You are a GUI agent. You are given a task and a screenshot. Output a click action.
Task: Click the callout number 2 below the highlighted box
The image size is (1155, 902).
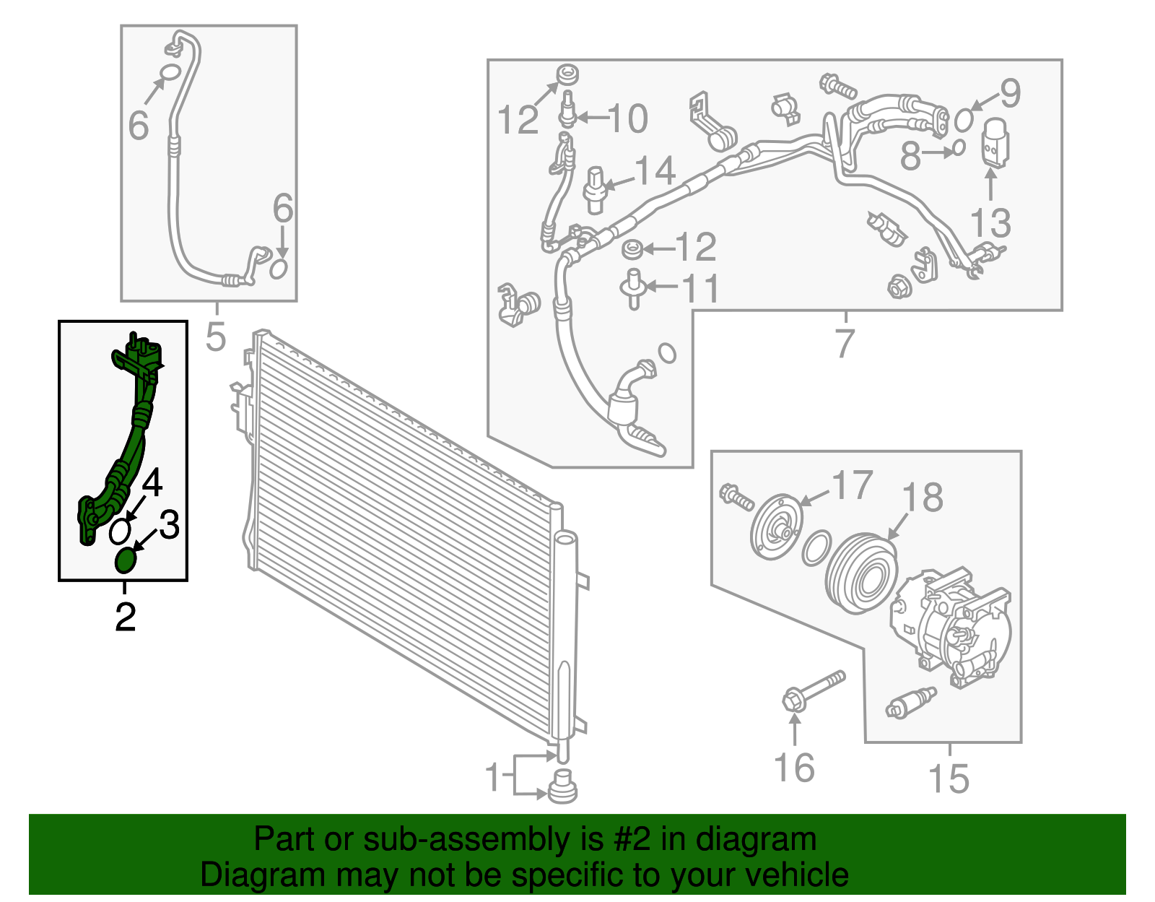(x=126, y=617)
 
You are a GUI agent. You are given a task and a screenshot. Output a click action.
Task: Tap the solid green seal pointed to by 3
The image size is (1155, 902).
(x=126, y=560)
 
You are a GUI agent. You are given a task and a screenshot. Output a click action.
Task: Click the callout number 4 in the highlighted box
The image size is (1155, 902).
(x=153, y=482)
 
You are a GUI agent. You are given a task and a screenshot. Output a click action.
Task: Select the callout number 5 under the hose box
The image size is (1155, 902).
(x=216, y=337)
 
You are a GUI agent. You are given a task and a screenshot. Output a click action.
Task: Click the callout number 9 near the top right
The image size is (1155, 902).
(x=1009, y=93)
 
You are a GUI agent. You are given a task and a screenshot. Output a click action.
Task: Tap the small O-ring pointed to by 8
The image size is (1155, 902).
(x=957, y=148)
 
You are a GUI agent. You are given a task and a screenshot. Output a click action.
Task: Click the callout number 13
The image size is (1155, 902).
(x=990, y=222)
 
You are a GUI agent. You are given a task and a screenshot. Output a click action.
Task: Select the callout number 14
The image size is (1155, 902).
(x=655, y=170)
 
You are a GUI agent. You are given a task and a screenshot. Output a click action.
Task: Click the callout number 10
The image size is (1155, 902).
(x=628, y=118)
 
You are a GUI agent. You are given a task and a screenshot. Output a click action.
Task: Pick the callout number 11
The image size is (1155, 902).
(x=700, y=288)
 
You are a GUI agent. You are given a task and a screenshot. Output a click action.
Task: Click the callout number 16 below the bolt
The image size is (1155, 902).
(x=794, y=768)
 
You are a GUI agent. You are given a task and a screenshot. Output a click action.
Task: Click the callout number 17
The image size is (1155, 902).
(x=853, y=485)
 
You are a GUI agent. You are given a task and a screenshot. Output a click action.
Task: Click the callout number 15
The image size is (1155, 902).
(x=949, y=779)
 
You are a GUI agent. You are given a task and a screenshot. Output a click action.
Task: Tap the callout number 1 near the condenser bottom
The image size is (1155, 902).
(x=493, y=778)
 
